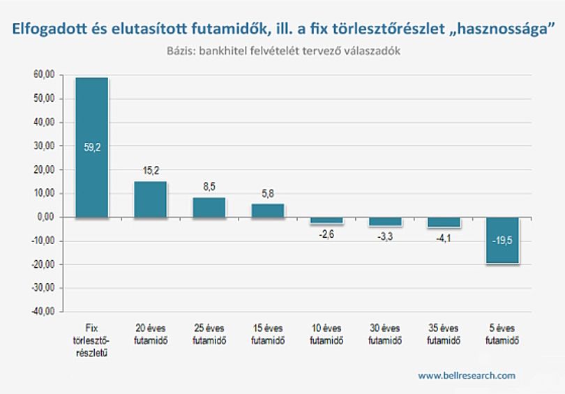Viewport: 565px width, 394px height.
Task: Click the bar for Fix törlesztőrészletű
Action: point(91,147)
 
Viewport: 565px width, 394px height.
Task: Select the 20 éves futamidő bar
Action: point(150,199)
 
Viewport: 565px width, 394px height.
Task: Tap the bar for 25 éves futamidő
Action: point(209,207)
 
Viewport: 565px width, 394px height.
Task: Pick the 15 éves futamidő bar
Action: point(268,211)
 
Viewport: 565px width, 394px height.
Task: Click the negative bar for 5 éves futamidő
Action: point(502,240)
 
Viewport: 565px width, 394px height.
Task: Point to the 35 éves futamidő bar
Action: point(444,222)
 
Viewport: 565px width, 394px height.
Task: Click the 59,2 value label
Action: point(92,147)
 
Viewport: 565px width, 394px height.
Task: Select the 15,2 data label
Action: point(151,170)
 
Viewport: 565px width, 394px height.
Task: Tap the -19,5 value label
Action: point(502,241)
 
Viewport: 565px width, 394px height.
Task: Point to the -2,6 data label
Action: point(326,234)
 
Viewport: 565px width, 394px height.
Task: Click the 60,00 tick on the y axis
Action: point(44,75)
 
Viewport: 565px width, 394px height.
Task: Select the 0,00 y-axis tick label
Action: point(46,217)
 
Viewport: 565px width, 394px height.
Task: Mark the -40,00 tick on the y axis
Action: point(43,312)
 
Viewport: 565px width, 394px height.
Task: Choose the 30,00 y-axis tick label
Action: point(44,146)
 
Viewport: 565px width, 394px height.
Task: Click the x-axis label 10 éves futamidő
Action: point(326,334)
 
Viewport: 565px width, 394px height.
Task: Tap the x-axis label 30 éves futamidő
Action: point(385,334)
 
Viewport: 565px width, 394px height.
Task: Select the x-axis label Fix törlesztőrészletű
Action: point(91,340)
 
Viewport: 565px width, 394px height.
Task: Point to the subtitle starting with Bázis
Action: point(284,51)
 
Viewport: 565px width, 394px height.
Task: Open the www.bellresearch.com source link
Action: point(467,376)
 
